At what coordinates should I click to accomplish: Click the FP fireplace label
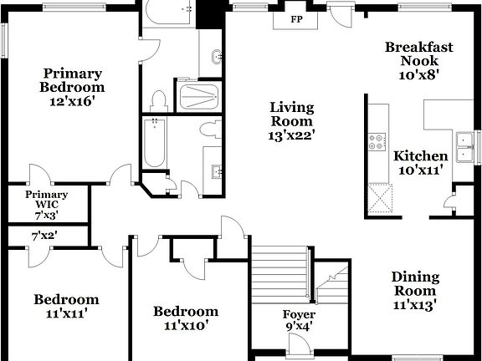pos(295,18)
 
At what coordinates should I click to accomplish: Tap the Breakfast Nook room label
pos(418,60)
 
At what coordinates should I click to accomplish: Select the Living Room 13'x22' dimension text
pos(291,133)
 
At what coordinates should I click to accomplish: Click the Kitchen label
pos(420,156)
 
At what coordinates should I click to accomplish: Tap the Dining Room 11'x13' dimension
pos(415,303)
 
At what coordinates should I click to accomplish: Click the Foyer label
pos(299,315)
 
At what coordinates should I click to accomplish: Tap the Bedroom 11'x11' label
pos(66,306)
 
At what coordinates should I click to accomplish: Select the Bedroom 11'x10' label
pos(185,318)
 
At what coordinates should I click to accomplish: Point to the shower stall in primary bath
pos(199,97)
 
